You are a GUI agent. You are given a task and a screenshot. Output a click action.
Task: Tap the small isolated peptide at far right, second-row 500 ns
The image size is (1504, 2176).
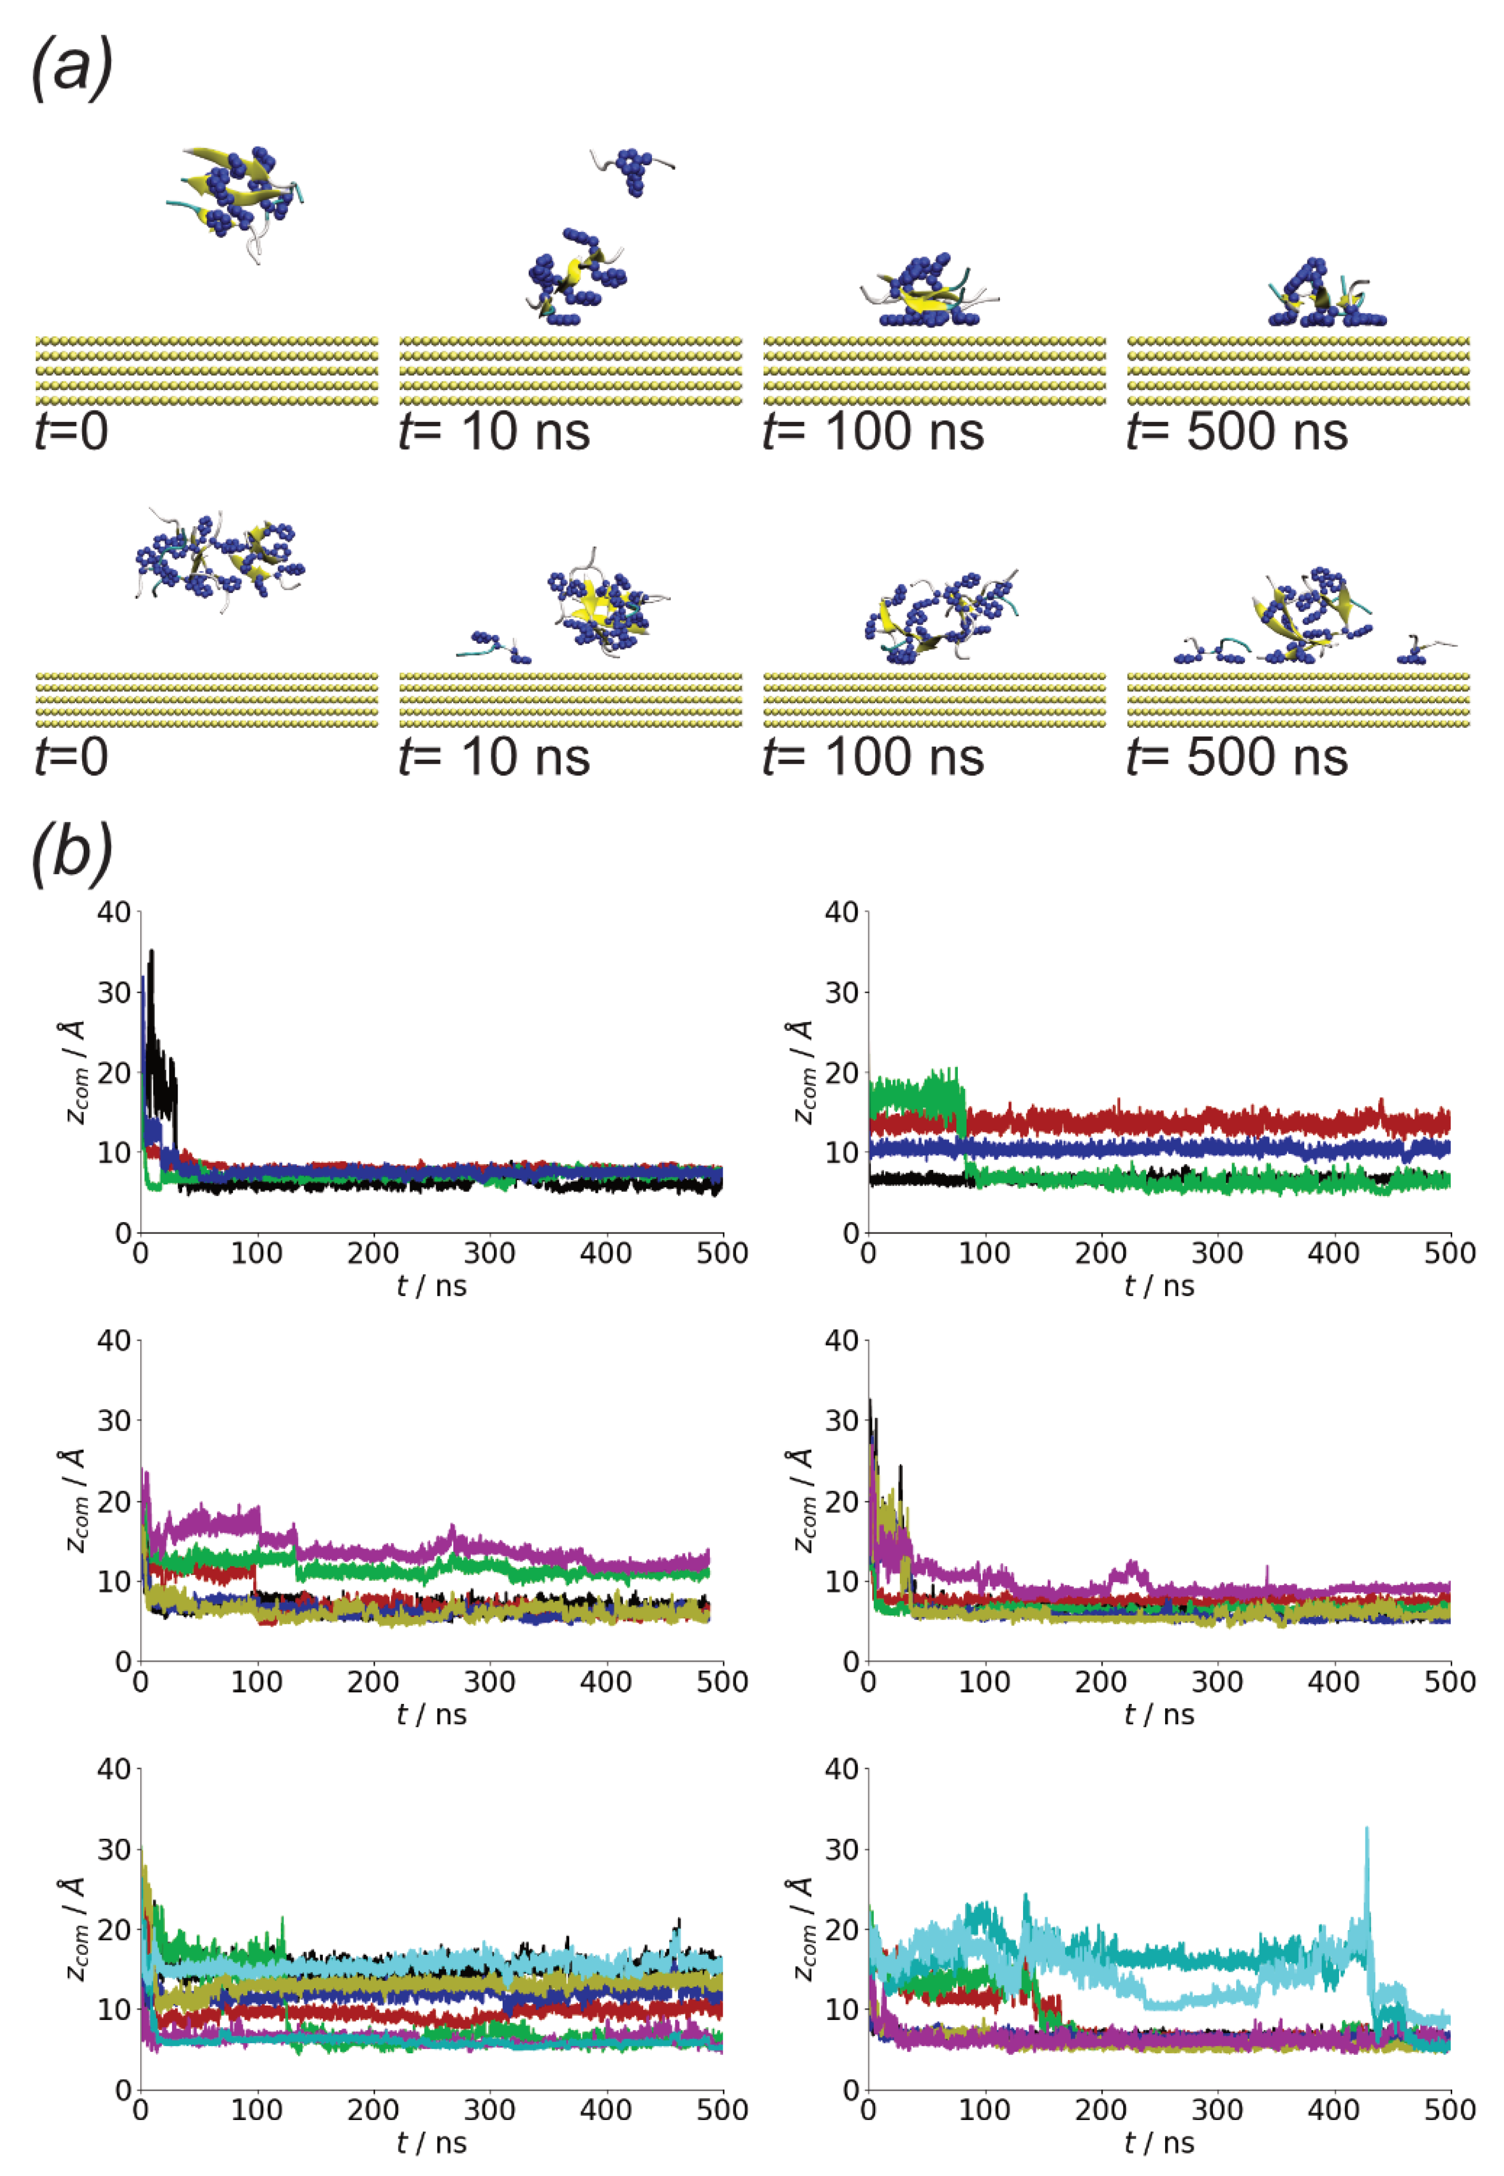[x=1418, y=650]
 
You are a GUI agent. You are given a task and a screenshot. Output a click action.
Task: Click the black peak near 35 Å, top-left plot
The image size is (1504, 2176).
[x=152, y=954]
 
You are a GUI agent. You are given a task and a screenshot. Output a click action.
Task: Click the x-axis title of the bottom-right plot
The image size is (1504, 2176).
[x=1159, y=2142]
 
